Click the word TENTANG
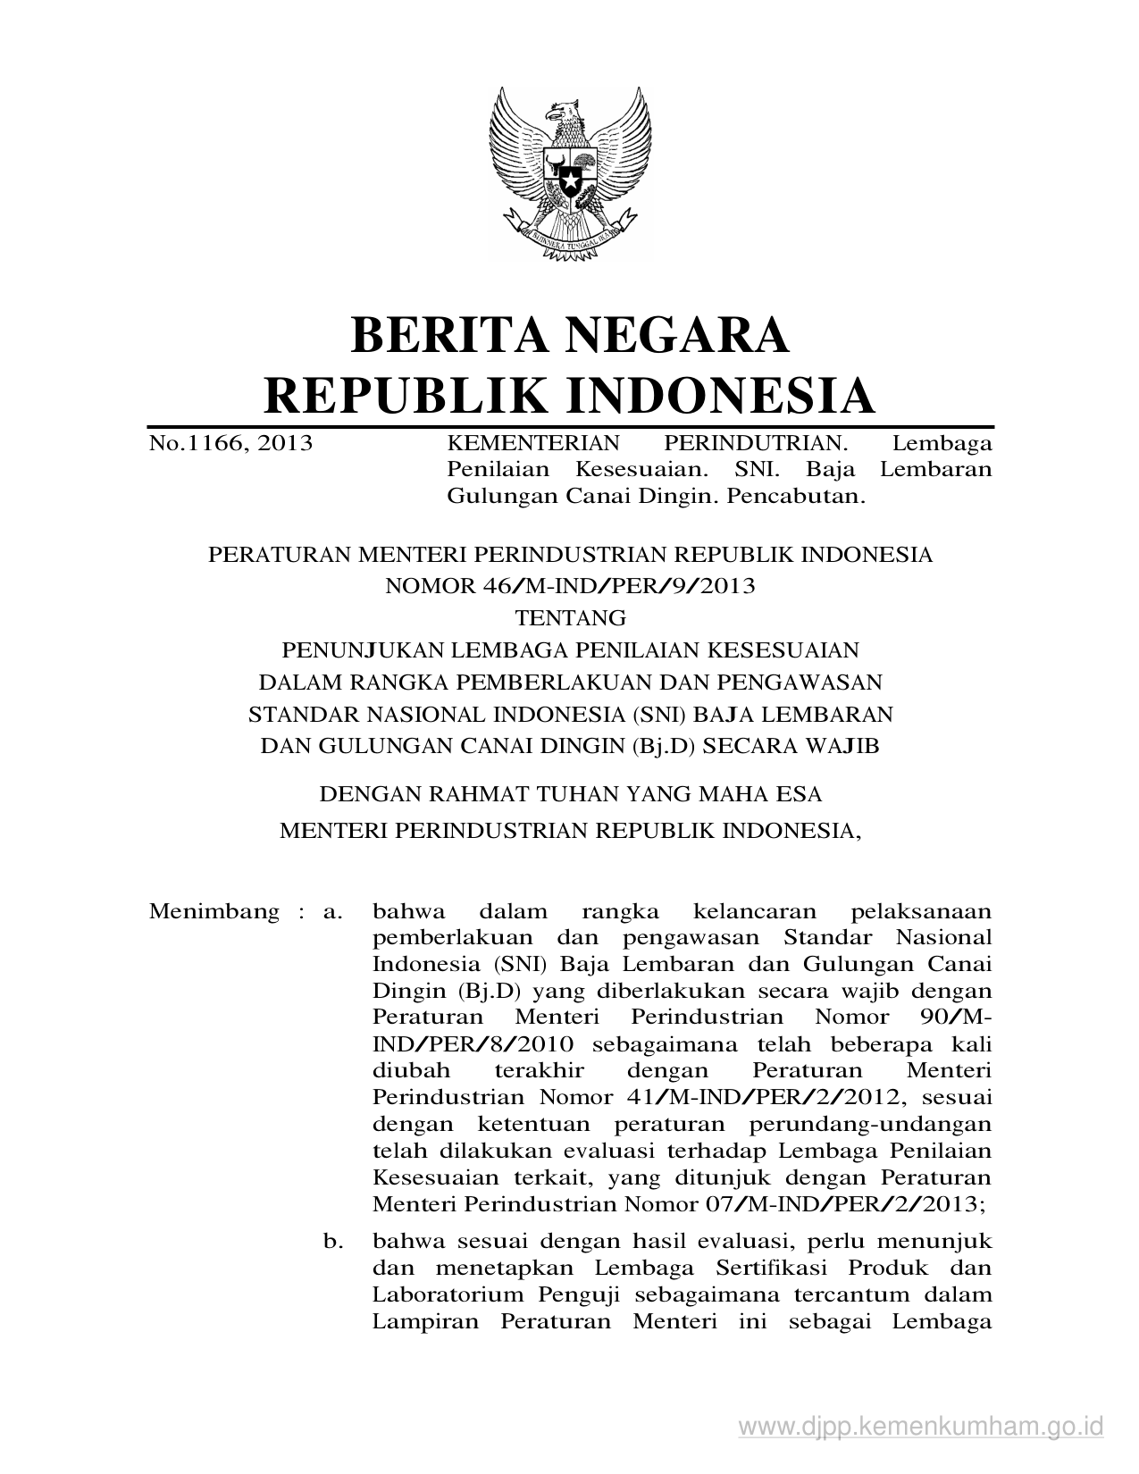(x=570, y=617)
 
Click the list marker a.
(x=332, y=912)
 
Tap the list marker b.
(x=333, y=1241)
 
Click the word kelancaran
(x=754, y=912)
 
